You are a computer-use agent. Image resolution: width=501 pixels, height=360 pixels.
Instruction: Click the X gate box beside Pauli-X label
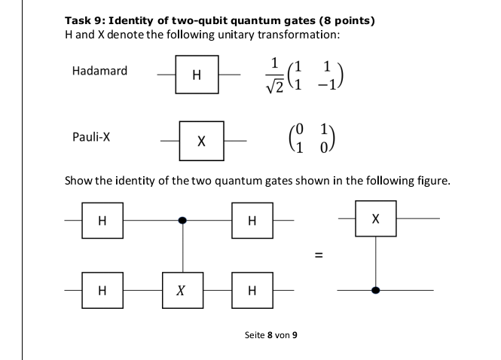(x=200, y=141)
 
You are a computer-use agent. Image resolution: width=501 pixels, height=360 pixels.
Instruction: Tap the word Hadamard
(x=99, y=72)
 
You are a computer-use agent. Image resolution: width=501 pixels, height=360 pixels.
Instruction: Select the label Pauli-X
(x=91, y=138)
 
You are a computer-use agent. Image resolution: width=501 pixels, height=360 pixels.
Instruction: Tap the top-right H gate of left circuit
(x=252, y=221)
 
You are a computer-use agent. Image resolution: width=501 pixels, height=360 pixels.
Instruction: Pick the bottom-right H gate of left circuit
(x=252, y=291)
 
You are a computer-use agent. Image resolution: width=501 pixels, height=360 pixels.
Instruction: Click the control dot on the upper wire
(x=183, y=221)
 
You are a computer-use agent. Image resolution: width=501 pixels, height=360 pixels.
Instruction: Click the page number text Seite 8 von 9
(x=271, y=334)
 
